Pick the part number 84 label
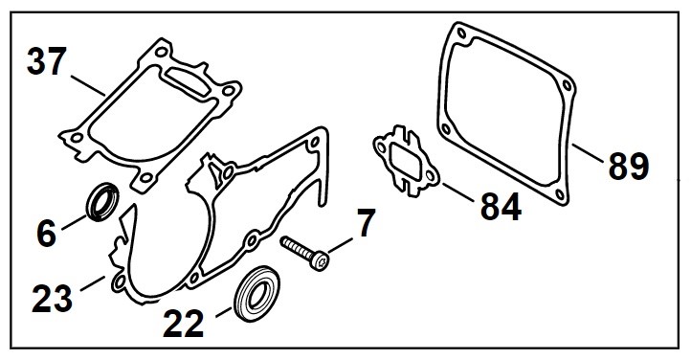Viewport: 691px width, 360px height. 496,205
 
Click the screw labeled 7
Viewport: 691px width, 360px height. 304,252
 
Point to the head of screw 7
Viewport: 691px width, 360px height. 323,259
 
